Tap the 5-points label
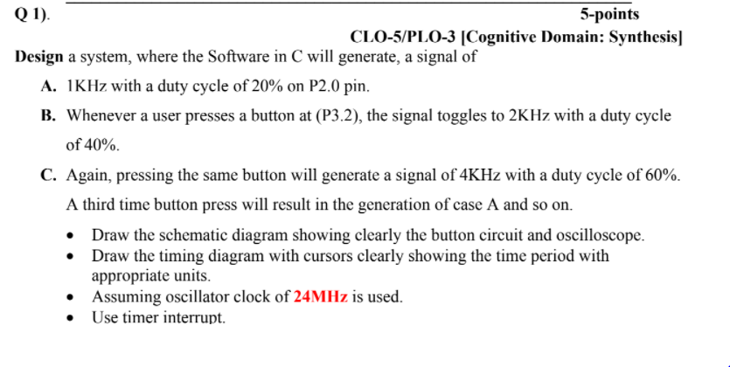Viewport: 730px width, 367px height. (609, 14)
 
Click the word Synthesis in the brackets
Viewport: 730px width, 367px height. (636, 37)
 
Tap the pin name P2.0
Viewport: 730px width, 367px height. (310, 87)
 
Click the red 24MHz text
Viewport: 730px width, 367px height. (322, 296)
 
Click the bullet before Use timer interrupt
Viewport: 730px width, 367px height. (73, 316)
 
